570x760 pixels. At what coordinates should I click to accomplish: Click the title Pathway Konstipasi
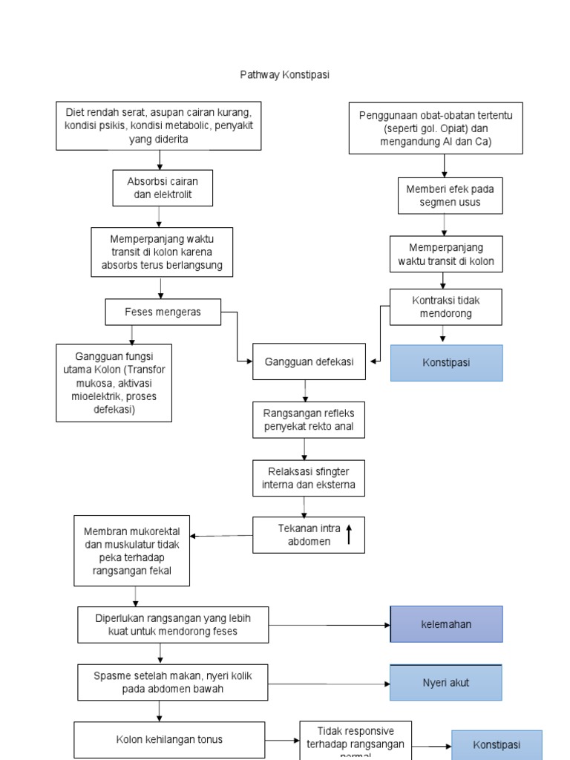pyautogui.click(x=284, y=75)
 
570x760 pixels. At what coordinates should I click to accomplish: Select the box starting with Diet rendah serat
pyautogui.click(x=160, y=125)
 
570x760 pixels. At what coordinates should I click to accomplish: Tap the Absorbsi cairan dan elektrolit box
pyautogui.click(x=158, y=188)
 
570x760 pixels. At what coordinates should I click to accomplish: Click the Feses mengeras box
pyautogui.click(x=163, y=312)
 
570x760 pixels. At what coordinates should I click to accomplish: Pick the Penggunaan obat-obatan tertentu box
pyautogui.click(x=436, y=128)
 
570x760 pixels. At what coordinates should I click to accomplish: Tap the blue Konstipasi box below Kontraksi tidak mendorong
pyautogui.click(x=446, y=363)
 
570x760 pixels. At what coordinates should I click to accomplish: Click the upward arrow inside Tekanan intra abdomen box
pyautogui.click(x=349, y=535)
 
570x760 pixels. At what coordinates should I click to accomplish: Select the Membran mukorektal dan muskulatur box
pyautogui.click(x=132, y=551)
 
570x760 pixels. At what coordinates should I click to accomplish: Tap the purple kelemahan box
pyautogui.click(x=446, y=624)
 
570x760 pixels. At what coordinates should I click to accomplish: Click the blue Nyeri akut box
pyautogui.click(x=446, y=683)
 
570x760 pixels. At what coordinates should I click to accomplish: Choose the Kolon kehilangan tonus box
pyautogui.click(x=169, y=739)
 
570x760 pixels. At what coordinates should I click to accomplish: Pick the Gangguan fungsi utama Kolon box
pyautogui.click(x=114, y=382)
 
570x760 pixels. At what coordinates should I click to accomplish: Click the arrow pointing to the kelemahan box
pyautogui.click(x=330, y=625)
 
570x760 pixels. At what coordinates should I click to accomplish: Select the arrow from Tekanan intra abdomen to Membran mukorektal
pyautogui.click(x=221, y=535)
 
